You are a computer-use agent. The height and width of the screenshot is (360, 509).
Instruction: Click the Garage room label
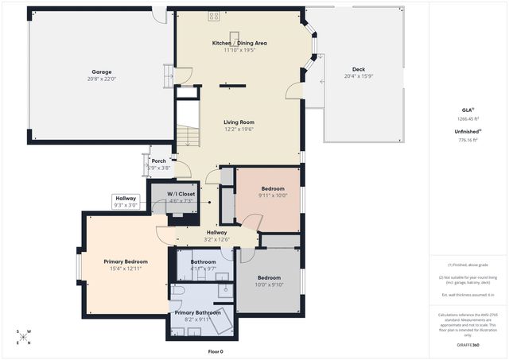[x=102, y=71]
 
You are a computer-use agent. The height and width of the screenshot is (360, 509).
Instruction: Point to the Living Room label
[x=239, y=122]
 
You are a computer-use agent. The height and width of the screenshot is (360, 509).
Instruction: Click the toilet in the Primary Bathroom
[x=178, y=292]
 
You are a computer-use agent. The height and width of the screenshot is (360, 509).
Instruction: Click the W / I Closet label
[x=181, y=194]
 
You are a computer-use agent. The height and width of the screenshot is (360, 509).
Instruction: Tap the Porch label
[x=159, y=161]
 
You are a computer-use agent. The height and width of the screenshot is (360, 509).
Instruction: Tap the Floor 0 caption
[x=216, y=351]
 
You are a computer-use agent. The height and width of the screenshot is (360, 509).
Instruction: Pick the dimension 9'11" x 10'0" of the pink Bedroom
[x=273, y=195]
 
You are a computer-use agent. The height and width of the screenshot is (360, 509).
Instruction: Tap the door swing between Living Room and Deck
[x=294, y=89]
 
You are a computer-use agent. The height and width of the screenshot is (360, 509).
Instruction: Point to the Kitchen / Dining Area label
[x=239, y=43]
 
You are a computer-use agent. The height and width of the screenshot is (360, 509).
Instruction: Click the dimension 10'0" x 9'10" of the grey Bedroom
[x=269, y=285]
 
